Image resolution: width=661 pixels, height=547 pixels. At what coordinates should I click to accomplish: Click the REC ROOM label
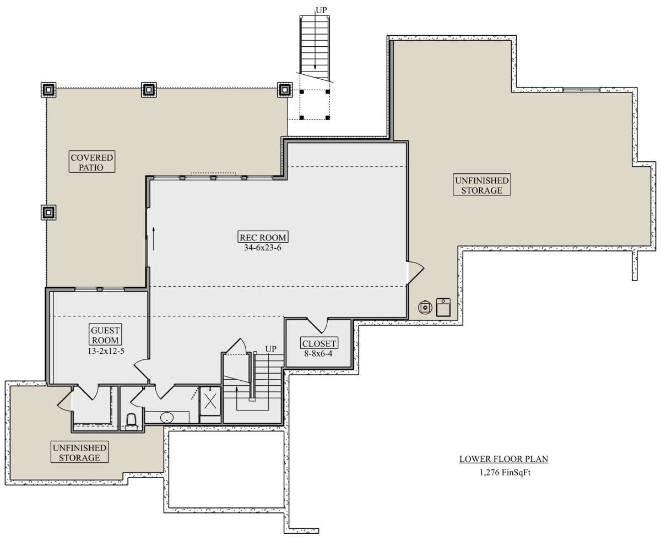tap(263, 237)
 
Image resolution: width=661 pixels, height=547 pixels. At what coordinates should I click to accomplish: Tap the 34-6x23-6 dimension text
tap(262, 248)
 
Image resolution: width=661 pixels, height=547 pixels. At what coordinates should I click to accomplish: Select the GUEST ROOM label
tap(105, 335)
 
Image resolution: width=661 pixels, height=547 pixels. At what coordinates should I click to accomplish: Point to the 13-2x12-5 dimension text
tap(106, 351)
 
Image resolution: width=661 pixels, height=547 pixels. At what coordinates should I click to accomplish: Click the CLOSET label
tap(319, 343)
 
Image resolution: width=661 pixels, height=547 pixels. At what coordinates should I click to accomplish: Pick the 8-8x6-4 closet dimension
tap(318, 353)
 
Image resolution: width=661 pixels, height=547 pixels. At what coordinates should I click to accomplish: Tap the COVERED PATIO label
tap(92, 162)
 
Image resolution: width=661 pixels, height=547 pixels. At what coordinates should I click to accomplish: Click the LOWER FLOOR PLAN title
tap(503, 459)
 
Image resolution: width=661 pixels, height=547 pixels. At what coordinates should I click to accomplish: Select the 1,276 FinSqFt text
tap(505, 473)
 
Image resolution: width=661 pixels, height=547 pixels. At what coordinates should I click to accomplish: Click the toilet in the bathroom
tap(132, 422)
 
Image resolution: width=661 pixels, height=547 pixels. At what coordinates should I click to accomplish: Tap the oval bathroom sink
tap(166, 418)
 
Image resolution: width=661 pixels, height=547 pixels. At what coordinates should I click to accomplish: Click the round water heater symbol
tap(425, 307)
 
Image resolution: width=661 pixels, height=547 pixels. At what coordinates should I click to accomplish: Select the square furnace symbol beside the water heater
tap(443, 307)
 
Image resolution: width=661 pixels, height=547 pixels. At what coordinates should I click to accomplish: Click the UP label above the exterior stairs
tap(321, 10)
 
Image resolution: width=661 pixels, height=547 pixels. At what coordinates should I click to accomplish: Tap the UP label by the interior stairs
tap(270, 349)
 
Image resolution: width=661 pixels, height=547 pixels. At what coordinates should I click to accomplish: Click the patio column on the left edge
tap(48, 212)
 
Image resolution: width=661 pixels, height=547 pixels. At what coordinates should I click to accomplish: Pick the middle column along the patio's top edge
tap(149, 90)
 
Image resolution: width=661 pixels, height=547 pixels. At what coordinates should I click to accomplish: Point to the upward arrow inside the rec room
tap(154, 238)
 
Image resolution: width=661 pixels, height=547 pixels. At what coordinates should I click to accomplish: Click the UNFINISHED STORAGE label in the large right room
tap(482, 185)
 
